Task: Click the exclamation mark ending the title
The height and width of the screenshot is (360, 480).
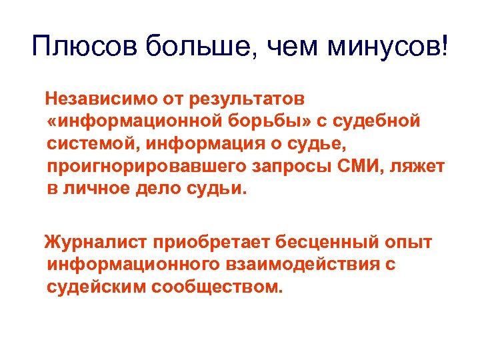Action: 445,47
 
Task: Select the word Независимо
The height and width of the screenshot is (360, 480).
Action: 100,100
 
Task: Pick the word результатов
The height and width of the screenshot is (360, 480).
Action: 247,100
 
